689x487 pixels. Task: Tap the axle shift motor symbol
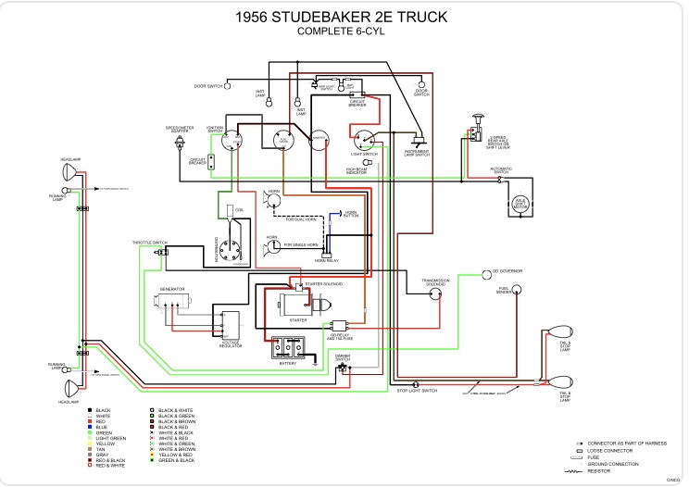click(521, 204)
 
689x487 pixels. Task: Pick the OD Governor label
click(507, 271)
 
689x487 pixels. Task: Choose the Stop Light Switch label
click(417, 392)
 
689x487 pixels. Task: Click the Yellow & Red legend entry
click(174, 456)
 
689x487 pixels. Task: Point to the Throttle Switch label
click(148, 243)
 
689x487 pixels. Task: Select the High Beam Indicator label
click(357, 171)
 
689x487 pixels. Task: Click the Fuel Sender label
click(505, 290)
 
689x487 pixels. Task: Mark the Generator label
click(171, 290)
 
